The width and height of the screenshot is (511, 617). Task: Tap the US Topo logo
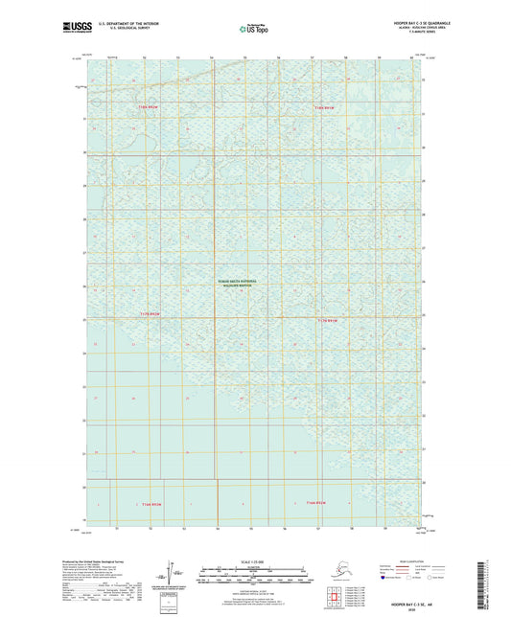click(254, 30)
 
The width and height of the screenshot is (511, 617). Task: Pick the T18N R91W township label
click(328, 108)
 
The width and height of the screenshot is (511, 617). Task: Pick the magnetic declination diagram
click(172, 573)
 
